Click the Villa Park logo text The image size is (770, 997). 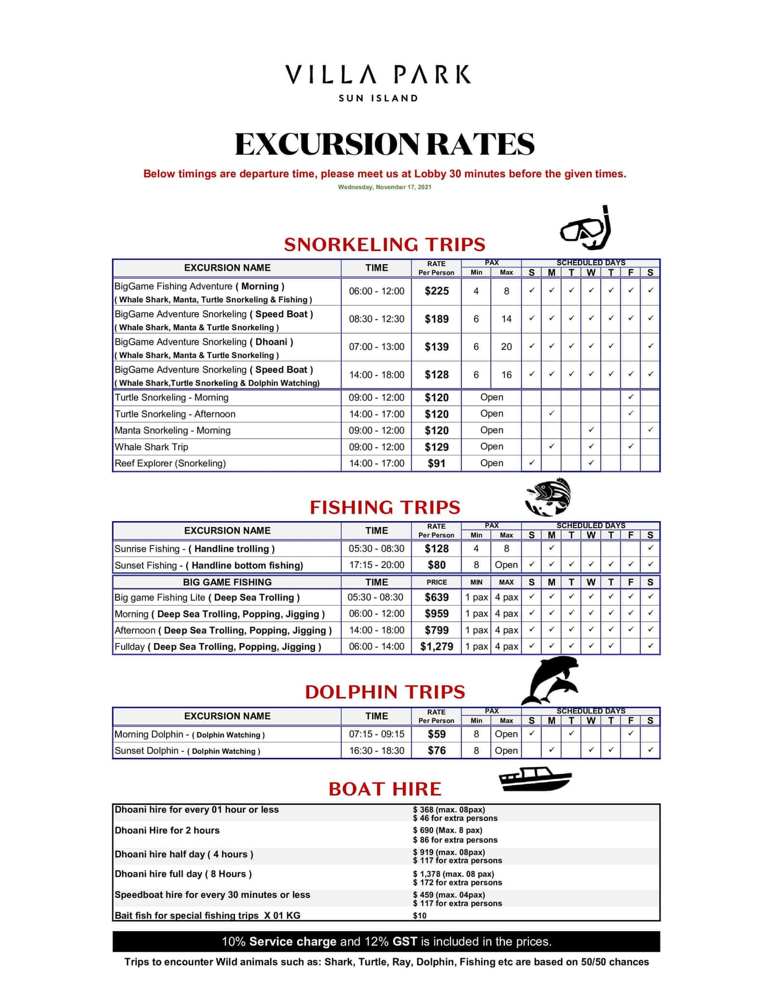coord(378,75)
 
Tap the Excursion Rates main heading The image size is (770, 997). coord(385,144)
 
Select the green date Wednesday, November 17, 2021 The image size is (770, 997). coord(385,187)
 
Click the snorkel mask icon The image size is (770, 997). coord(586,229)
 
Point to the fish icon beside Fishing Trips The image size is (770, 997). coord(548,497)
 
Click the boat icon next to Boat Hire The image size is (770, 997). coord(535,779)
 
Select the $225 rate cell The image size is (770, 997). coord(436,291)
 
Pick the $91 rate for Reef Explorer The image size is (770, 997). coord(436,464)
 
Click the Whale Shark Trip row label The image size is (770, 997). coord(152,447)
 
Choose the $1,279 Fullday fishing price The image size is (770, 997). coord(436,647)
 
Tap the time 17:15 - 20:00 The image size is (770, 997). coord(376,565)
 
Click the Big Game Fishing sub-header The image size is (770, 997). coord(227,582)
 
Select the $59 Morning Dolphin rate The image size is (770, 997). coord(436,734)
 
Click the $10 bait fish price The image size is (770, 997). coord(420,916)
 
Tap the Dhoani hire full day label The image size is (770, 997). coord(183,874)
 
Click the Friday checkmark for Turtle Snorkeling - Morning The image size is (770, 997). coord(630,397)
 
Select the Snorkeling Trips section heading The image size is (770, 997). coord(385,245)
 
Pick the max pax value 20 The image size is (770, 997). coord(506,347)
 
